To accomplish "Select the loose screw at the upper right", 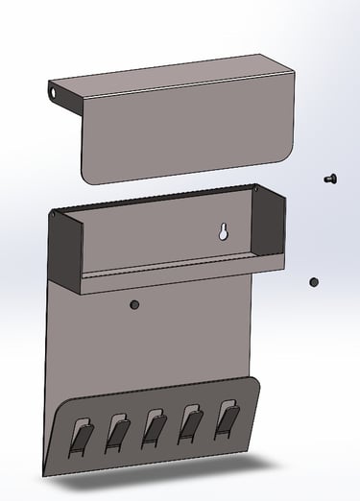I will pos(330,178).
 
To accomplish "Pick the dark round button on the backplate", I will pos(134,304).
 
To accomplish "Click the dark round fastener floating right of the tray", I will pos(313,282).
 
